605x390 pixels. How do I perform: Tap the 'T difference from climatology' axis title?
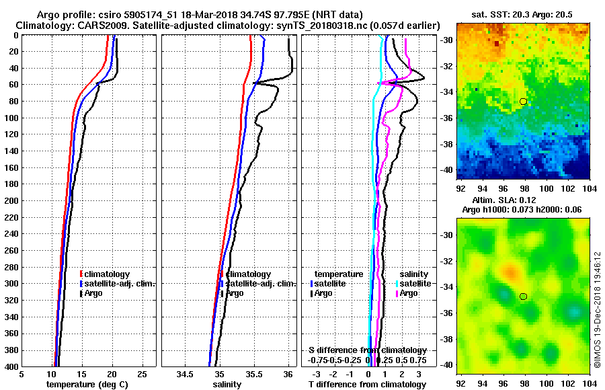[x=367, y=385]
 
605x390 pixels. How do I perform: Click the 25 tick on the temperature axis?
[x=142, y=375]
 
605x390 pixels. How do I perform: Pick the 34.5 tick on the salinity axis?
[x=185, y=375]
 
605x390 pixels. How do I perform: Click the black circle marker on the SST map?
[x=523, y=101]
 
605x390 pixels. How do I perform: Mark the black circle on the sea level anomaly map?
[x=523, y=296]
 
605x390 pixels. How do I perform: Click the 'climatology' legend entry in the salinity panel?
[x=248, y=274]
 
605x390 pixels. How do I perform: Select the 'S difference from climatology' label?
[x=367, y=350]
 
